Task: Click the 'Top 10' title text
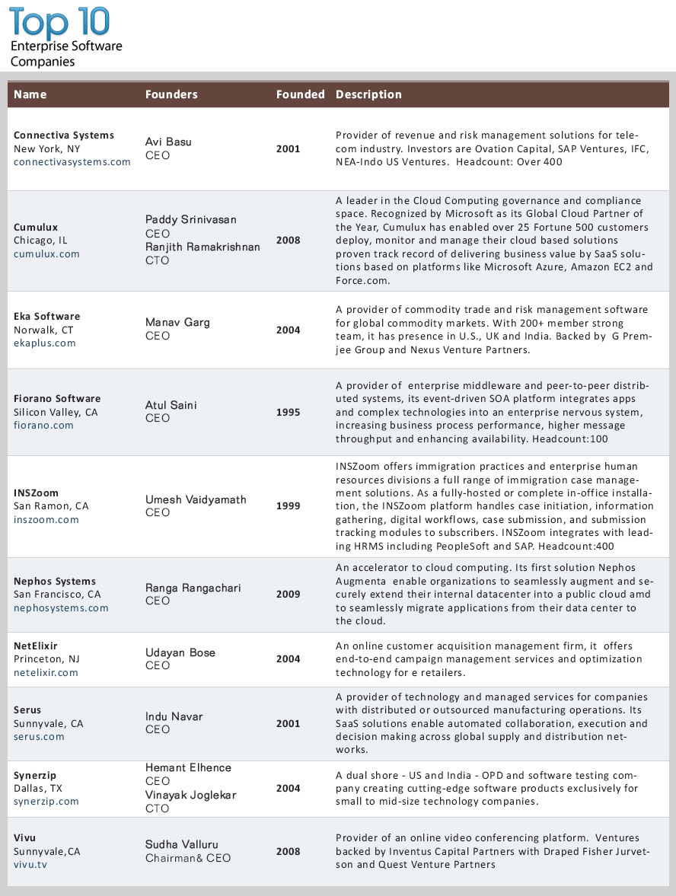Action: point(59,22)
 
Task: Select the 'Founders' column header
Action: point(171,94)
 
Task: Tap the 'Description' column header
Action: point(368,94)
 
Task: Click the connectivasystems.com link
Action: point(72,162)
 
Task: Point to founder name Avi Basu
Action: point(168,142)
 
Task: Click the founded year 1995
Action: point(288,412)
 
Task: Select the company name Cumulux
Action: point(36,227)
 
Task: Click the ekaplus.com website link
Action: point(45,343)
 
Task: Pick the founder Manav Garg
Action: point(177,322)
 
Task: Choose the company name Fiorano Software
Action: point(57,398)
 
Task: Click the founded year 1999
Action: point(288,505)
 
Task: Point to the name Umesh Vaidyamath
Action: point(196,499)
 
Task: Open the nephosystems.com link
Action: point(61,608)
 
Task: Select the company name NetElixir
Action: point(36,646)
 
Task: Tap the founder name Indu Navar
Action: point(174,716)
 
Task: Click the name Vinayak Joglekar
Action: point(191,795)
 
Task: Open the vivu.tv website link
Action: point(30,866)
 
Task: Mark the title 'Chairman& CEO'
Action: point(187,858)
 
